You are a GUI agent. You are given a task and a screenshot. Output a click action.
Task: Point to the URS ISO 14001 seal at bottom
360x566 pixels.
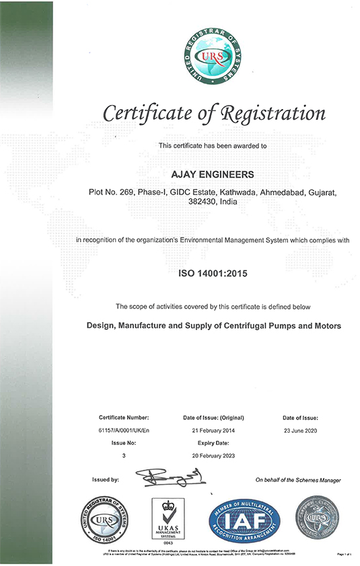(x=106, y=519)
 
